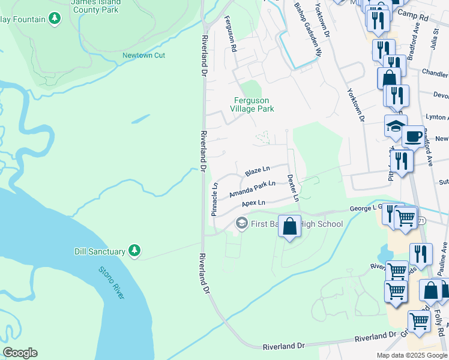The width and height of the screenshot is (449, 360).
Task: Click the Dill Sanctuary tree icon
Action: coord(136,250)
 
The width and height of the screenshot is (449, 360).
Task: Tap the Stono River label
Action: coord(112,281)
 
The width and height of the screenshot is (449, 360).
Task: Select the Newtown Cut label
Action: coord(143,56)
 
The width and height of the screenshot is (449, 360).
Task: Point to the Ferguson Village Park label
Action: coord(252,104)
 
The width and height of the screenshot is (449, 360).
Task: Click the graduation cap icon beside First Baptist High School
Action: coord(241,224)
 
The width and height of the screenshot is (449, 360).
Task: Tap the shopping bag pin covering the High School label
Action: coord(290,227)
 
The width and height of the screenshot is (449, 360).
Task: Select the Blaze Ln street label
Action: coord(258,172)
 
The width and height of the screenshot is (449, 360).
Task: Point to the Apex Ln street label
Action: coord(253,204)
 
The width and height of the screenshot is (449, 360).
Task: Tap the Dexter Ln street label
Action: coord(292,187)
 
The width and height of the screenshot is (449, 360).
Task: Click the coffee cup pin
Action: coord(413,136)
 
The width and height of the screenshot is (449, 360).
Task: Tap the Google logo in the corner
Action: coord(20,353)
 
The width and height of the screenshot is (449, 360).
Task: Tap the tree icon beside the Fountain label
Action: coord(55,19)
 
